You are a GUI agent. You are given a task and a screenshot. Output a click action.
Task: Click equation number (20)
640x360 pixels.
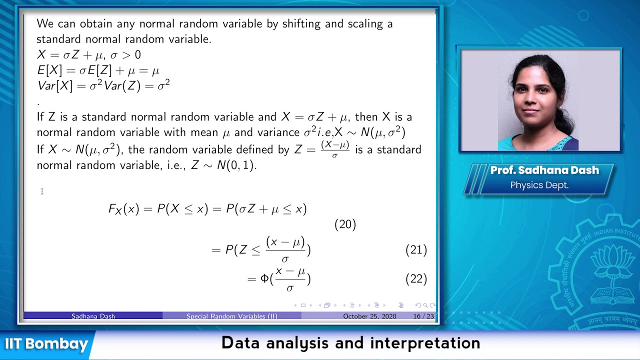click(345, 225)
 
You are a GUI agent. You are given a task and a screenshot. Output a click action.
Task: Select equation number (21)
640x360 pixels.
click(416, 249)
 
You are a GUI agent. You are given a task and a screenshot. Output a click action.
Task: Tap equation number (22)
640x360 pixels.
click(416, 279)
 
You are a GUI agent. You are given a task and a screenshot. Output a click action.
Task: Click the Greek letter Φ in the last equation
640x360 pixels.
click(264, 279)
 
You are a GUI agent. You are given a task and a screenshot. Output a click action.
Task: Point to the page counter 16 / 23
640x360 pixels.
click(423, 316)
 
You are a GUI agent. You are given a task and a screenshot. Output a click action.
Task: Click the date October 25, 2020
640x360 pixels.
click(369, 316)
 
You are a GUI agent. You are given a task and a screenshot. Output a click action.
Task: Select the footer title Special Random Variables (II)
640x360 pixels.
click(231, 316)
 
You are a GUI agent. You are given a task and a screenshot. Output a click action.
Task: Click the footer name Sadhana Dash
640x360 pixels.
click(93, 316)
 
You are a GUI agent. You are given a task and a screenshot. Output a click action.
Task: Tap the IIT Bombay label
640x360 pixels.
click(46, 344)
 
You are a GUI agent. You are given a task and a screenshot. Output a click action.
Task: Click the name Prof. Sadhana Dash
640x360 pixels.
click(544, 170)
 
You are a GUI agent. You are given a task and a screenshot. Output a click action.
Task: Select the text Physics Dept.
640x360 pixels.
click(539, 185)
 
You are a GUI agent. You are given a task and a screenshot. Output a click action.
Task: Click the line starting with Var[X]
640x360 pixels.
click(103, 86)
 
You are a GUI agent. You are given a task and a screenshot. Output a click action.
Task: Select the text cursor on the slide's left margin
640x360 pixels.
click(42, 191)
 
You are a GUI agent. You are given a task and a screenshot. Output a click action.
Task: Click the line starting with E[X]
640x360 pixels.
click(98, 70)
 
